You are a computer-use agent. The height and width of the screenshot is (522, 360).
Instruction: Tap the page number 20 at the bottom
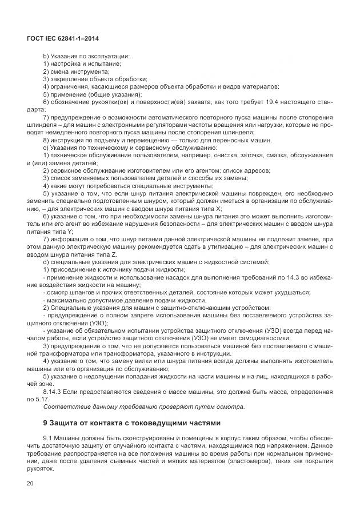(x=30, y=484)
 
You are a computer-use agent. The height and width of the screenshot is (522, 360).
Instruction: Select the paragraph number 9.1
(x=48, y=437)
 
